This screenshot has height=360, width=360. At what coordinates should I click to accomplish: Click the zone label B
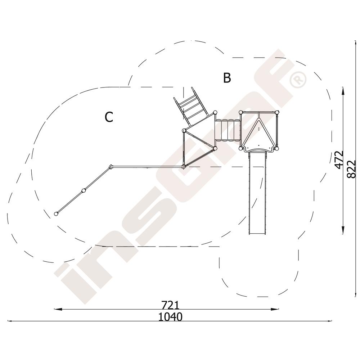(x=227, y=78)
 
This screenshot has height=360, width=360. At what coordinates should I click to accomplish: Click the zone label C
(x=109, y=117)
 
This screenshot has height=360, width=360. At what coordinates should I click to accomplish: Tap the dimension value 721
(x=170, y=305)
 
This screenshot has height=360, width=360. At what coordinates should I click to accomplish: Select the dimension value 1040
(x=171, y=317)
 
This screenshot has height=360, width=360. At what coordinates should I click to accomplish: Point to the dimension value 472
(x=339, y=160)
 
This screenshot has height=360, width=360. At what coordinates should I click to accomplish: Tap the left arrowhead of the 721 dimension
(x=58, y=309)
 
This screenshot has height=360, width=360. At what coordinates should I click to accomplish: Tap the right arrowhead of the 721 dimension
(x=275, y=309)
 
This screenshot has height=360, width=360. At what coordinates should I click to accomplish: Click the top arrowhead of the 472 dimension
(x=343, y=91)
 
